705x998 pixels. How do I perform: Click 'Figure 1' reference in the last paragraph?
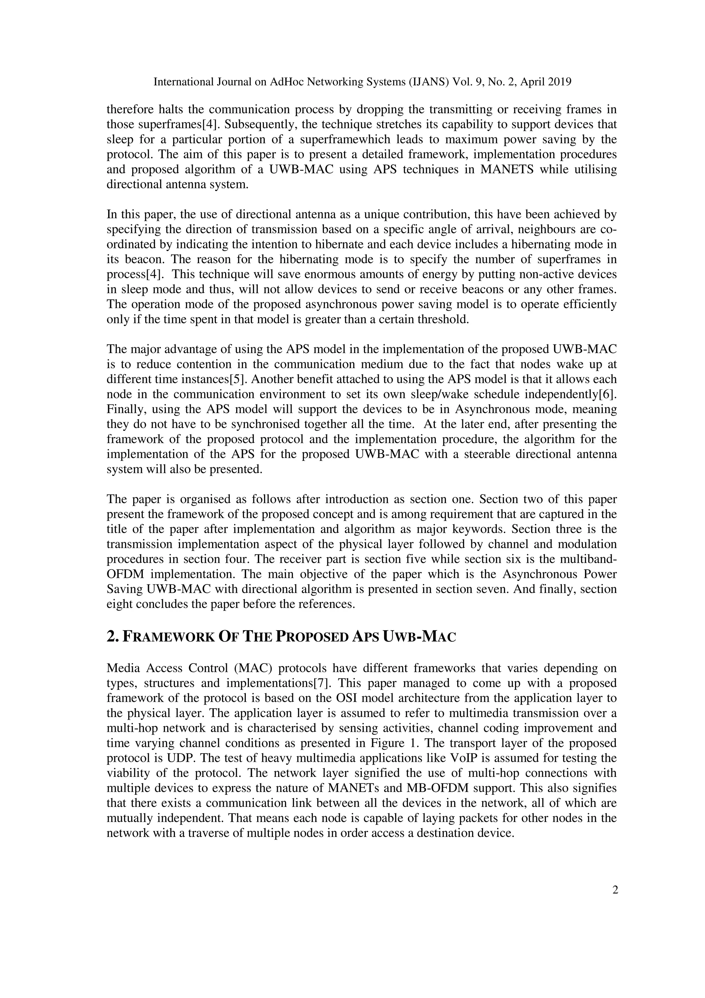470,743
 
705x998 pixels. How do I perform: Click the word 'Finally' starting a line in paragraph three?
122,409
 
